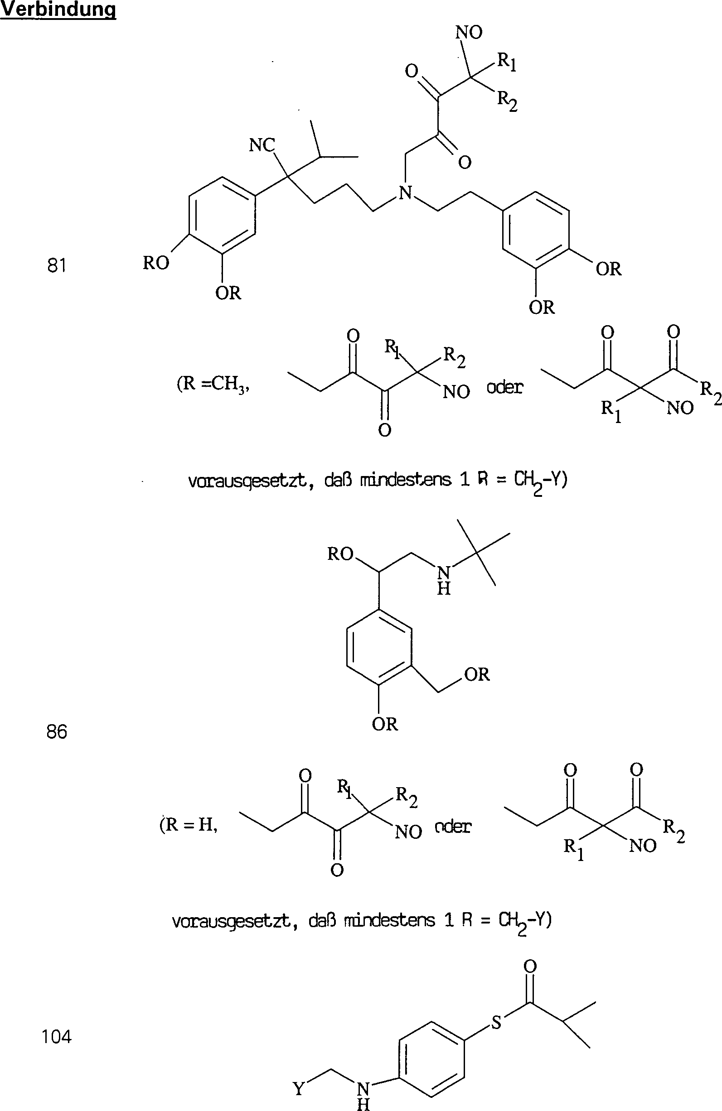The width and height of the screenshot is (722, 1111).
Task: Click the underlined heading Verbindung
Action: pos(58,10)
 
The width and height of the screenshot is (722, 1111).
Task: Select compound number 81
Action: pos(57,265)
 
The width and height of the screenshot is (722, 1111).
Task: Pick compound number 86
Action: pos(57,731)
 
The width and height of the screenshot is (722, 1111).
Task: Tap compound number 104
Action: pos(57,1037)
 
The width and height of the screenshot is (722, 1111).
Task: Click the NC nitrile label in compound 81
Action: pos(262,145)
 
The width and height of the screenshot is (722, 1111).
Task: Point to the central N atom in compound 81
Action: pos(406,192)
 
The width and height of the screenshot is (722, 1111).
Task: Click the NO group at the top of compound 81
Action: pos(469,33)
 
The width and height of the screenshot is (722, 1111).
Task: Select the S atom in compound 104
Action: pos(496,1023)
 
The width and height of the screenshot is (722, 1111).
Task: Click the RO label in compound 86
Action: pos(340,554)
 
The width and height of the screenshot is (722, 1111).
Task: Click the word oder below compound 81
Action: pos(505,387)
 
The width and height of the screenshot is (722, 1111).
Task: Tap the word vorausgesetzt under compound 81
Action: pos(247,481)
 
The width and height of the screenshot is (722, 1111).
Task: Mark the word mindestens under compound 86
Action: pos(389,920)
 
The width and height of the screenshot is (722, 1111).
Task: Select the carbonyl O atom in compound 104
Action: pos(530,965)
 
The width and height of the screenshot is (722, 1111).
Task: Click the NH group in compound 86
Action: pos(443,580)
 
